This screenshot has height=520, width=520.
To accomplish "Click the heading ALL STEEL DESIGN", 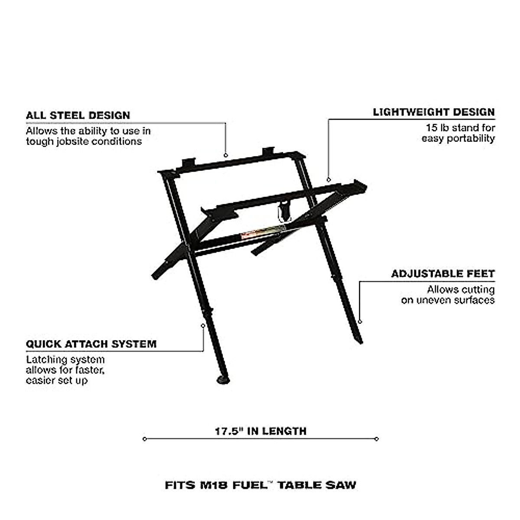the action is click(x=78, y=115).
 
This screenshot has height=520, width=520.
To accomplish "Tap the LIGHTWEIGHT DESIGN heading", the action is click(x=433, y=112).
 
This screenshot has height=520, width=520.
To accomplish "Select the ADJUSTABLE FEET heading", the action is click(x=443, y=274).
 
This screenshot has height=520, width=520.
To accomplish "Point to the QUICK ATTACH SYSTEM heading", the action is click(x=91, y=344).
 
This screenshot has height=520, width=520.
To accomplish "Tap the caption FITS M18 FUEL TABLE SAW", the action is click(x=260, y=484).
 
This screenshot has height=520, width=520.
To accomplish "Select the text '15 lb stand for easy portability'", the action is click(x=458, y=133).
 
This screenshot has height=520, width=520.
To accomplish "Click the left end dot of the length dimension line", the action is click(x=145, y=439).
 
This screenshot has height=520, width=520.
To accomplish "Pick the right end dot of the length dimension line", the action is click(x=377, y=439).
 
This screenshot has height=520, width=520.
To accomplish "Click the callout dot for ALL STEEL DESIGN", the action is click(x=226, y=155).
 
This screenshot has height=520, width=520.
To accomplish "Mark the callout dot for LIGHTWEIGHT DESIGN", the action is click(x=328, y=179).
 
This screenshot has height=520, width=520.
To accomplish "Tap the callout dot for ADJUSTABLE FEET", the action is click(x=360, y=322).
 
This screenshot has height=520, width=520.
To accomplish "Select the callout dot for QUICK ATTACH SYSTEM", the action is click(x=203, y=324).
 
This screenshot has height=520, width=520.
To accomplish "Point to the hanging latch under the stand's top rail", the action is click(x=284, y=211).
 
